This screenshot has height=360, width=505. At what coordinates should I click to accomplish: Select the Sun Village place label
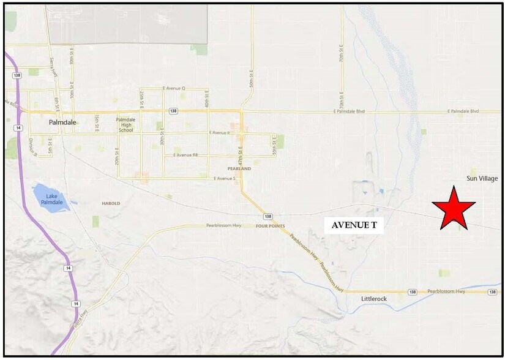coord(482,178)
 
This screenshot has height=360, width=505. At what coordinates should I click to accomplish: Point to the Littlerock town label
coord(375,299)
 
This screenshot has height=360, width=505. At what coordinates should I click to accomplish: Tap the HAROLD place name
coord(111,203)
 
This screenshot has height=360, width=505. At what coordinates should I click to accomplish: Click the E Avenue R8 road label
coord(185,156)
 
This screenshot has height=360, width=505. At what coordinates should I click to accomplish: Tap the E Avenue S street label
coord(225,178)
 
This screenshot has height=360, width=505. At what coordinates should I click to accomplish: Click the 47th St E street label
coord(241,153)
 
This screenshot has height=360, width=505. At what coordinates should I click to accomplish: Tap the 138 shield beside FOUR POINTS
coord(267,217)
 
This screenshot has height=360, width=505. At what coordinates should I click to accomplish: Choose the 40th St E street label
coord(208,97)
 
